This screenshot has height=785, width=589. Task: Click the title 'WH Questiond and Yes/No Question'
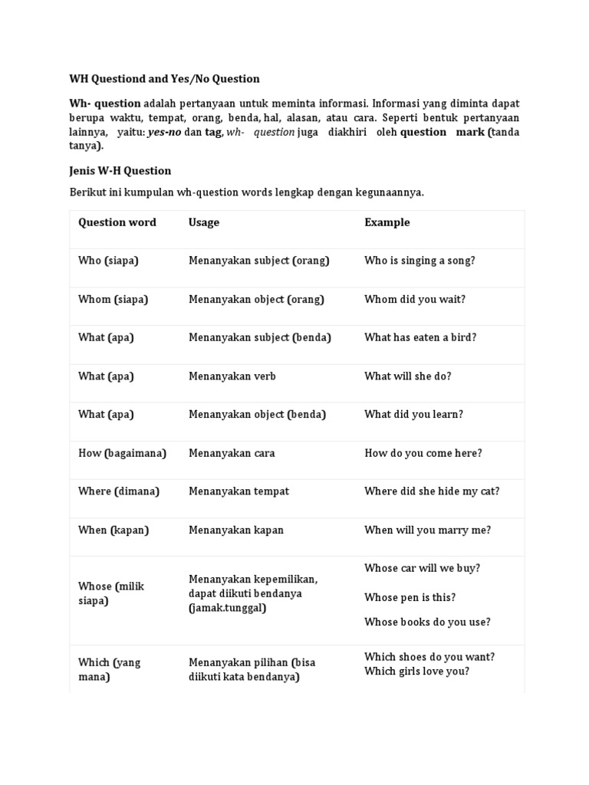(x=164, y=79)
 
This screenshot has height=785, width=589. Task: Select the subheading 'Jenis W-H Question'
(x=120, y=171)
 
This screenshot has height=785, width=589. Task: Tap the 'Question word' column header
(x=117, y=222)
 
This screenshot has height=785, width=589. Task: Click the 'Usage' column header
(x=203, y=222)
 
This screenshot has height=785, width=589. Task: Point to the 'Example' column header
(x=387, y=222)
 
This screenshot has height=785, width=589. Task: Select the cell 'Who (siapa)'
(x=108, y=261)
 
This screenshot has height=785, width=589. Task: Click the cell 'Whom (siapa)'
(x=113, y=299)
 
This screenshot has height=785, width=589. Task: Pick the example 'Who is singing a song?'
(x=420, y=261)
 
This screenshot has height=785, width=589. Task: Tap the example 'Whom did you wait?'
(x=414, y=299)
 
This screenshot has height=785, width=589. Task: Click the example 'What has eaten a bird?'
(x=420, y=337)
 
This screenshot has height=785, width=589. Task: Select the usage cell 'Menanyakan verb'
(x=232, y=376)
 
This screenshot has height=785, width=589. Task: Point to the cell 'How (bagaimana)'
(x=122, y=453)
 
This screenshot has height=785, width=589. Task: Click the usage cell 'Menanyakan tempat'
(x=239, y=491)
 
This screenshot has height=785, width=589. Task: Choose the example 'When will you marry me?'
(x=427, y=530)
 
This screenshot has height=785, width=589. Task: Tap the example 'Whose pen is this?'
(x=410, y=597)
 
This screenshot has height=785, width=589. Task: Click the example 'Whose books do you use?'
(x=427, y=622)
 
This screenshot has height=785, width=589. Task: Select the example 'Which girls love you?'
(x=416, y=671)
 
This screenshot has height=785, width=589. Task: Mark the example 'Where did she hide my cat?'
(x=432, y=491)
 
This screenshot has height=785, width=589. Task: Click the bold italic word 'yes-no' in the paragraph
(x=164, y=132)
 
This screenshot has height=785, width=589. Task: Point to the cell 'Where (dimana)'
(x=118, y=491)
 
